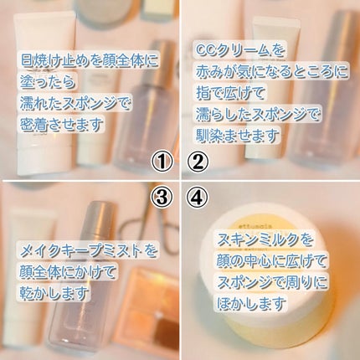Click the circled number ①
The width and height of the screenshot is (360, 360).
pyautogui.click(x=163, y=160)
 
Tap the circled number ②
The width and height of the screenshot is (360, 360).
pyautogui.click(x=198, y=160)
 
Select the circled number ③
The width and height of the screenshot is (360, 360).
pyautogui.click(x=163, y=198)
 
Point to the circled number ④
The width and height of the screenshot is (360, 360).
pyautogui.click(x=198, y=198)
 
